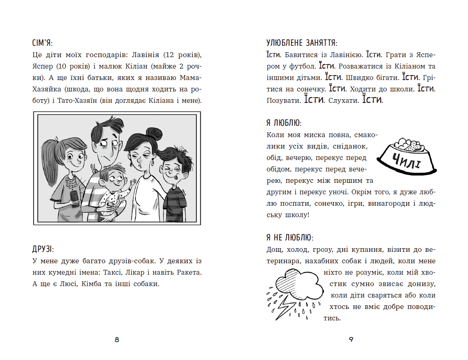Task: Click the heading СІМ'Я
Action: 42,43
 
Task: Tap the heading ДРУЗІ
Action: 43,249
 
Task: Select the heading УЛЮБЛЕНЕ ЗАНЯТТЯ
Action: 302,43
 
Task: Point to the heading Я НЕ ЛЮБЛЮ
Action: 289,237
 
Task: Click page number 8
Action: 117,340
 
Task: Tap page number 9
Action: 351,340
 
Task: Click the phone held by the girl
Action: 74,197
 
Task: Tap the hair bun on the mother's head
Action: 154,133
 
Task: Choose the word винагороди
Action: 382,203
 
